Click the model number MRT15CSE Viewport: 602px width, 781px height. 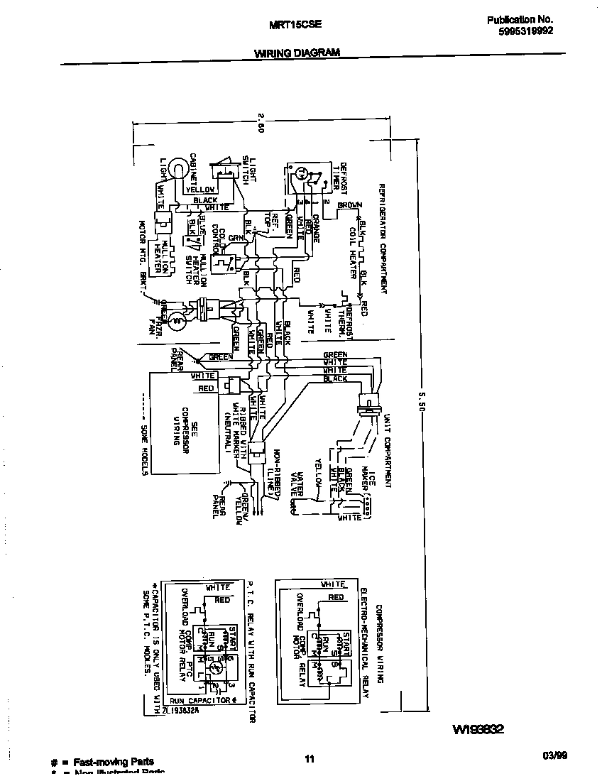pyautogui.click(x=296, y=23)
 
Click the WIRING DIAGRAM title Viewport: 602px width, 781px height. pyautogui.click(x=297, y=53)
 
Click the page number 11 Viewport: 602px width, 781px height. pyautogui.click(x=310, y=760)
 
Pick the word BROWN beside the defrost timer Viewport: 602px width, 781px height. pyautogui.click(x=349, y=205)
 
